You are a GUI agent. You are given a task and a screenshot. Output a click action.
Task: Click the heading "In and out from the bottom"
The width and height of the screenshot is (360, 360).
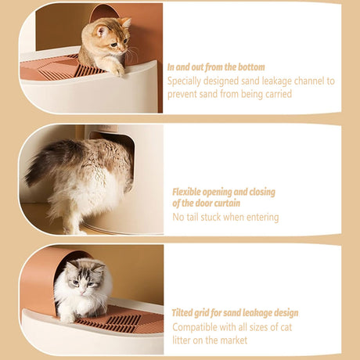click(x=216, y=67)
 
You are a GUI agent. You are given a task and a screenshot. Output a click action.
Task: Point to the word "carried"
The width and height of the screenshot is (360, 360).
click(x=279, y=94)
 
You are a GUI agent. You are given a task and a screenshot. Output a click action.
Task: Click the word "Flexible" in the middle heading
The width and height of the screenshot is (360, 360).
click(x=186, y=192)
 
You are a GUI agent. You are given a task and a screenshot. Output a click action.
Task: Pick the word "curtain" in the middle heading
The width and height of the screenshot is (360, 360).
click(x=225, y=203)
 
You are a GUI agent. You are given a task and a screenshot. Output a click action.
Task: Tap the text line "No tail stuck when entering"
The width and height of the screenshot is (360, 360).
click(x=225, y=217)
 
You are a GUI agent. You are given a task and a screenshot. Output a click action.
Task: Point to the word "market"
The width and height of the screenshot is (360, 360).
click(x=233, y=340)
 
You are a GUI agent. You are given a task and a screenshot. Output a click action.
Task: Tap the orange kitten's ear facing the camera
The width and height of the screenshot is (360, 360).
click(x=102, y=31)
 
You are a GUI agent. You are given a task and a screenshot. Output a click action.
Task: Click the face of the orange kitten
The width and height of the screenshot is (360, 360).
click(x=115, y=39)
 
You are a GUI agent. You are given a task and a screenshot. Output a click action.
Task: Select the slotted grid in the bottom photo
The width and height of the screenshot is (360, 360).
click(x=123, y=323)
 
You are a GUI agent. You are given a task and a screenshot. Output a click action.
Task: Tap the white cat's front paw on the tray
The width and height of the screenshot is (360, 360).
click(x=67, y=317)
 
